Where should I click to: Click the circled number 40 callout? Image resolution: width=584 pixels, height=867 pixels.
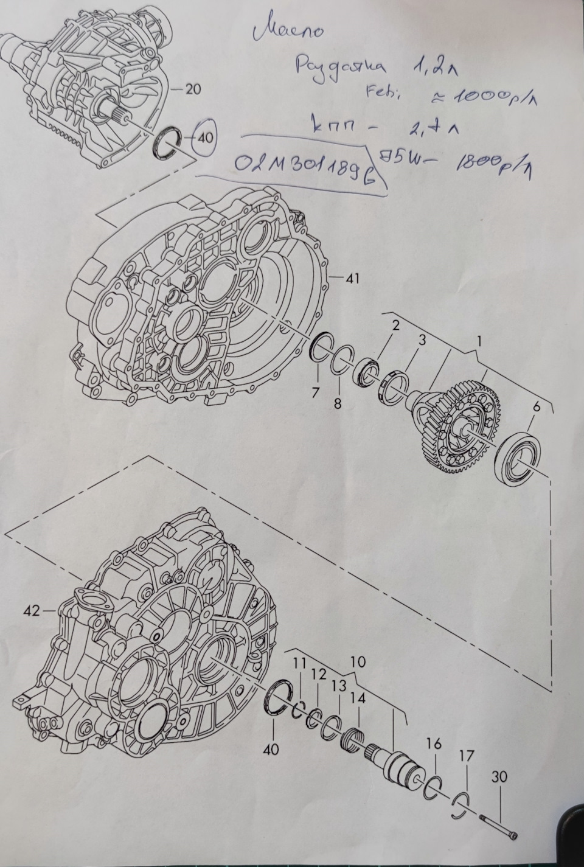pyautogui.click(x=206, y=138)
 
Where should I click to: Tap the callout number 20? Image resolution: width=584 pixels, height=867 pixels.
pyautogui.click(x=193, y=89)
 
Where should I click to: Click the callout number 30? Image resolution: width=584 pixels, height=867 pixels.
pyautogui.click(x=501, y=777)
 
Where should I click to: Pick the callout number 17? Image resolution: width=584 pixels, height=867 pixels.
pyautogui.click(x=466, y=756)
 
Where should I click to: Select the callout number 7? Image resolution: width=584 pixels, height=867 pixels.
pyautogui.click(x=315, y=393)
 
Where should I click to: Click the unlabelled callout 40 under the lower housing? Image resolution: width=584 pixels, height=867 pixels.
pyautogui.click(x=271, y=750)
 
